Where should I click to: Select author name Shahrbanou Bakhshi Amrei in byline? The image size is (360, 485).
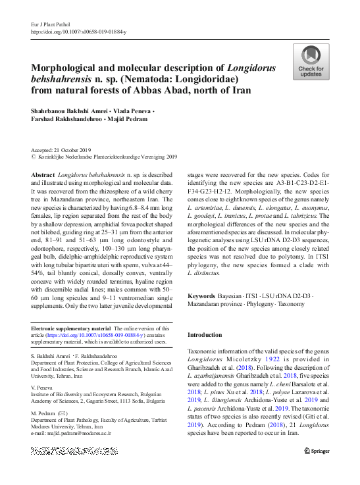point(71,113)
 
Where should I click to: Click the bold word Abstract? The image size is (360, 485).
point(43,174)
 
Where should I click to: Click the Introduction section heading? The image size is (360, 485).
point(205,335)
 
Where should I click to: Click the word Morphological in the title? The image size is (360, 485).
point(64,68)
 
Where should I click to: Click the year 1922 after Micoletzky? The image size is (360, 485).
point(270,361)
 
